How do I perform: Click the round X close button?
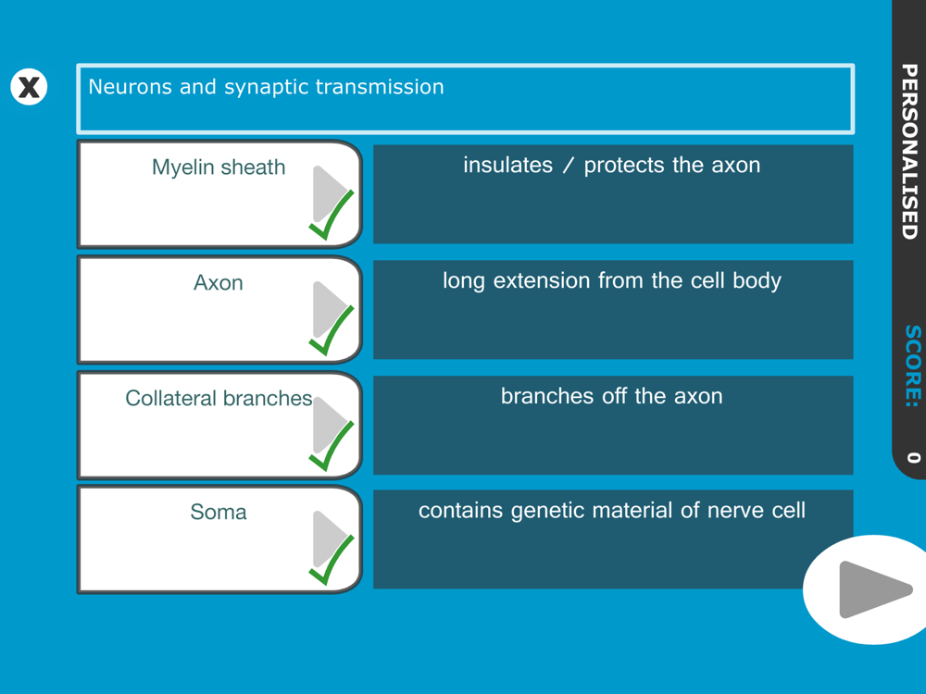click(29, 87)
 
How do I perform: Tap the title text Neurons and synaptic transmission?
click(266, 87)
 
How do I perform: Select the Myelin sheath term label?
click(219, 167)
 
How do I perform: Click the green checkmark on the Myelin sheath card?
click(332, 215)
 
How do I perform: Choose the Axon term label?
click(219, 282)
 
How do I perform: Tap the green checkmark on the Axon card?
click(332, 330)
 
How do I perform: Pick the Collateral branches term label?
click(219, 398)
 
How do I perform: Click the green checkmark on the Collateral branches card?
click(332, 446)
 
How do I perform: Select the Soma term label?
click(219, 512)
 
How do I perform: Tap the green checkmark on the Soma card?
click(332, 560)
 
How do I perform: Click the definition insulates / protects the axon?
click(612, 166)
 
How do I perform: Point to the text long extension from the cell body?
click(612, 281)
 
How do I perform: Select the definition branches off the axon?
click(612, 396)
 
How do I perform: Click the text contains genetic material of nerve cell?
click(612, 511)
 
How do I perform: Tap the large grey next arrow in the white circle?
click(871, 589)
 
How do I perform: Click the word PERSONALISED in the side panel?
click(910, 151)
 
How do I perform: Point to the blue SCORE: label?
click(913, 366)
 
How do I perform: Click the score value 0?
click(914, 458)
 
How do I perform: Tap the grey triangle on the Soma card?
click(328, 539)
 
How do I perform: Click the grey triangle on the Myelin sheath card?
click(328, 193)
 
